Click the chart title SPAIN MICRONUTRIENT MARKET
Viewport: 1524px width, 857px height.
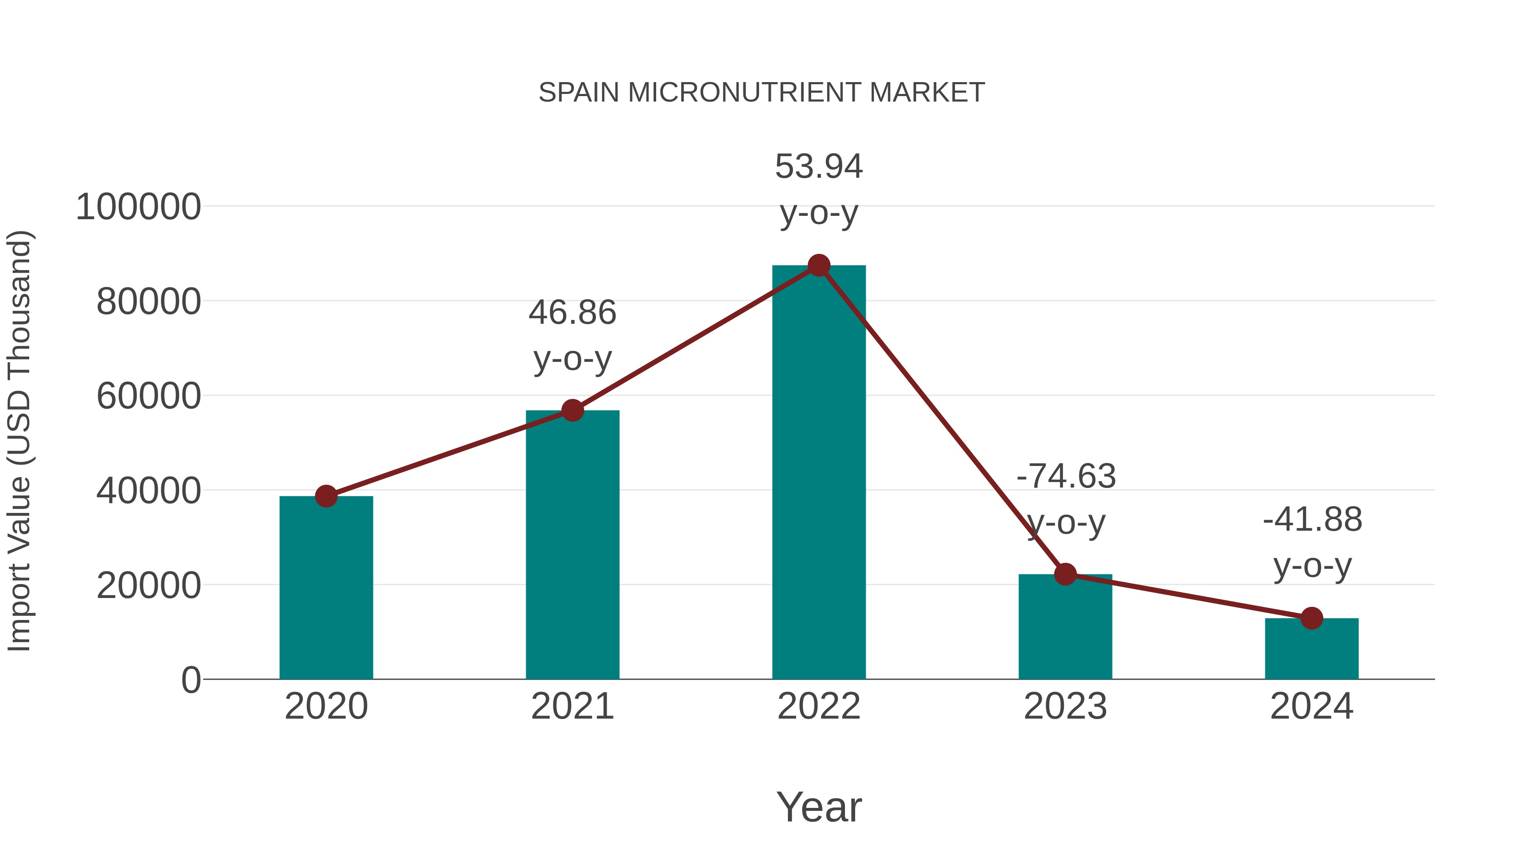(762, 93)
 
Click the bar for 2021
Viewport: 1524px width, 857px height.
(572, 544)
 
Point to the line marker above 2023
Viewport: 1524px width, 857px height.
(1065, 574)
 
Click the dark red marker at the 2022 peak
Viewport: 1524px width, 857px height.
(819, 265)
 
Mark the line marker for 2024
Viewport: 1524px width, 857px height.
(1311, 618)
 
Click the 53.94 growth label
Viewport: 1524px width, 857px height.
(819, 167)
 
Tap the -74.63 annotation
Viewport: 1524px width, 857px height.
(1066, 477)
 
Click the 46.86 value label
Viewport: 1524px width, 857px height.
(572, 313)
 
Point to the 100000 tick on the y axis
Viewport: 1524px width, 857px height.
(138, 208)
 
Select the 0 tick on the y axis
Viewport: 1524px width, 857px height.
(190, 680)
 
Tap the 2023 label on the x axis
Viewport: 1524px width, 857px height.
(1065, 707)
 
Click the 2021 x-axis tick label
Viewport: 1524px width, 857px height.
(572, 707)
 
